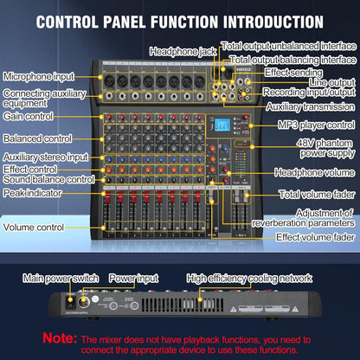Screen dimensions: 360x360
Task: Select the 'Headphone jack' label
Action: tap(183, 52)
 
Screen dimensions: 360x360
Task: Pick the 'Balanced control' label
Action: tap(38, 137)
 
